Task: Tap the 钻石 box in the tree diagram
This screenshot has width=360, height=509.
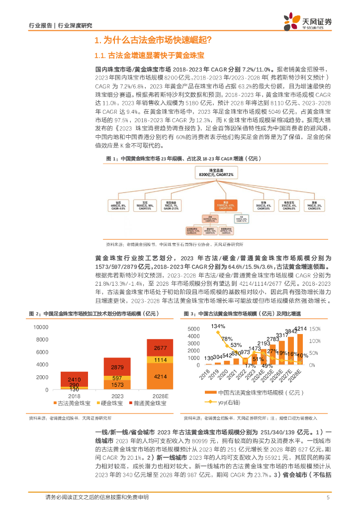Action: pos(118,205)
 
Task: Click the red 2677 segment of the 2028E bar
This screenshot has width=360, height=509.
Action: pos(160,348)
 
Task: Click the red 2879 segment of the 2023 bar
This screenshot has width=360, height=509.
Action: pos(117,367)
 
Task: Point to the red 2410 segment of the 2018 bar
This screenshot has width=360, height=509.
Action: pos(74,379)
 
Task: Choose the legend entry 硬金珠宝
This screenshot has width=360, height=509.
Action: pos(110,402)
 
